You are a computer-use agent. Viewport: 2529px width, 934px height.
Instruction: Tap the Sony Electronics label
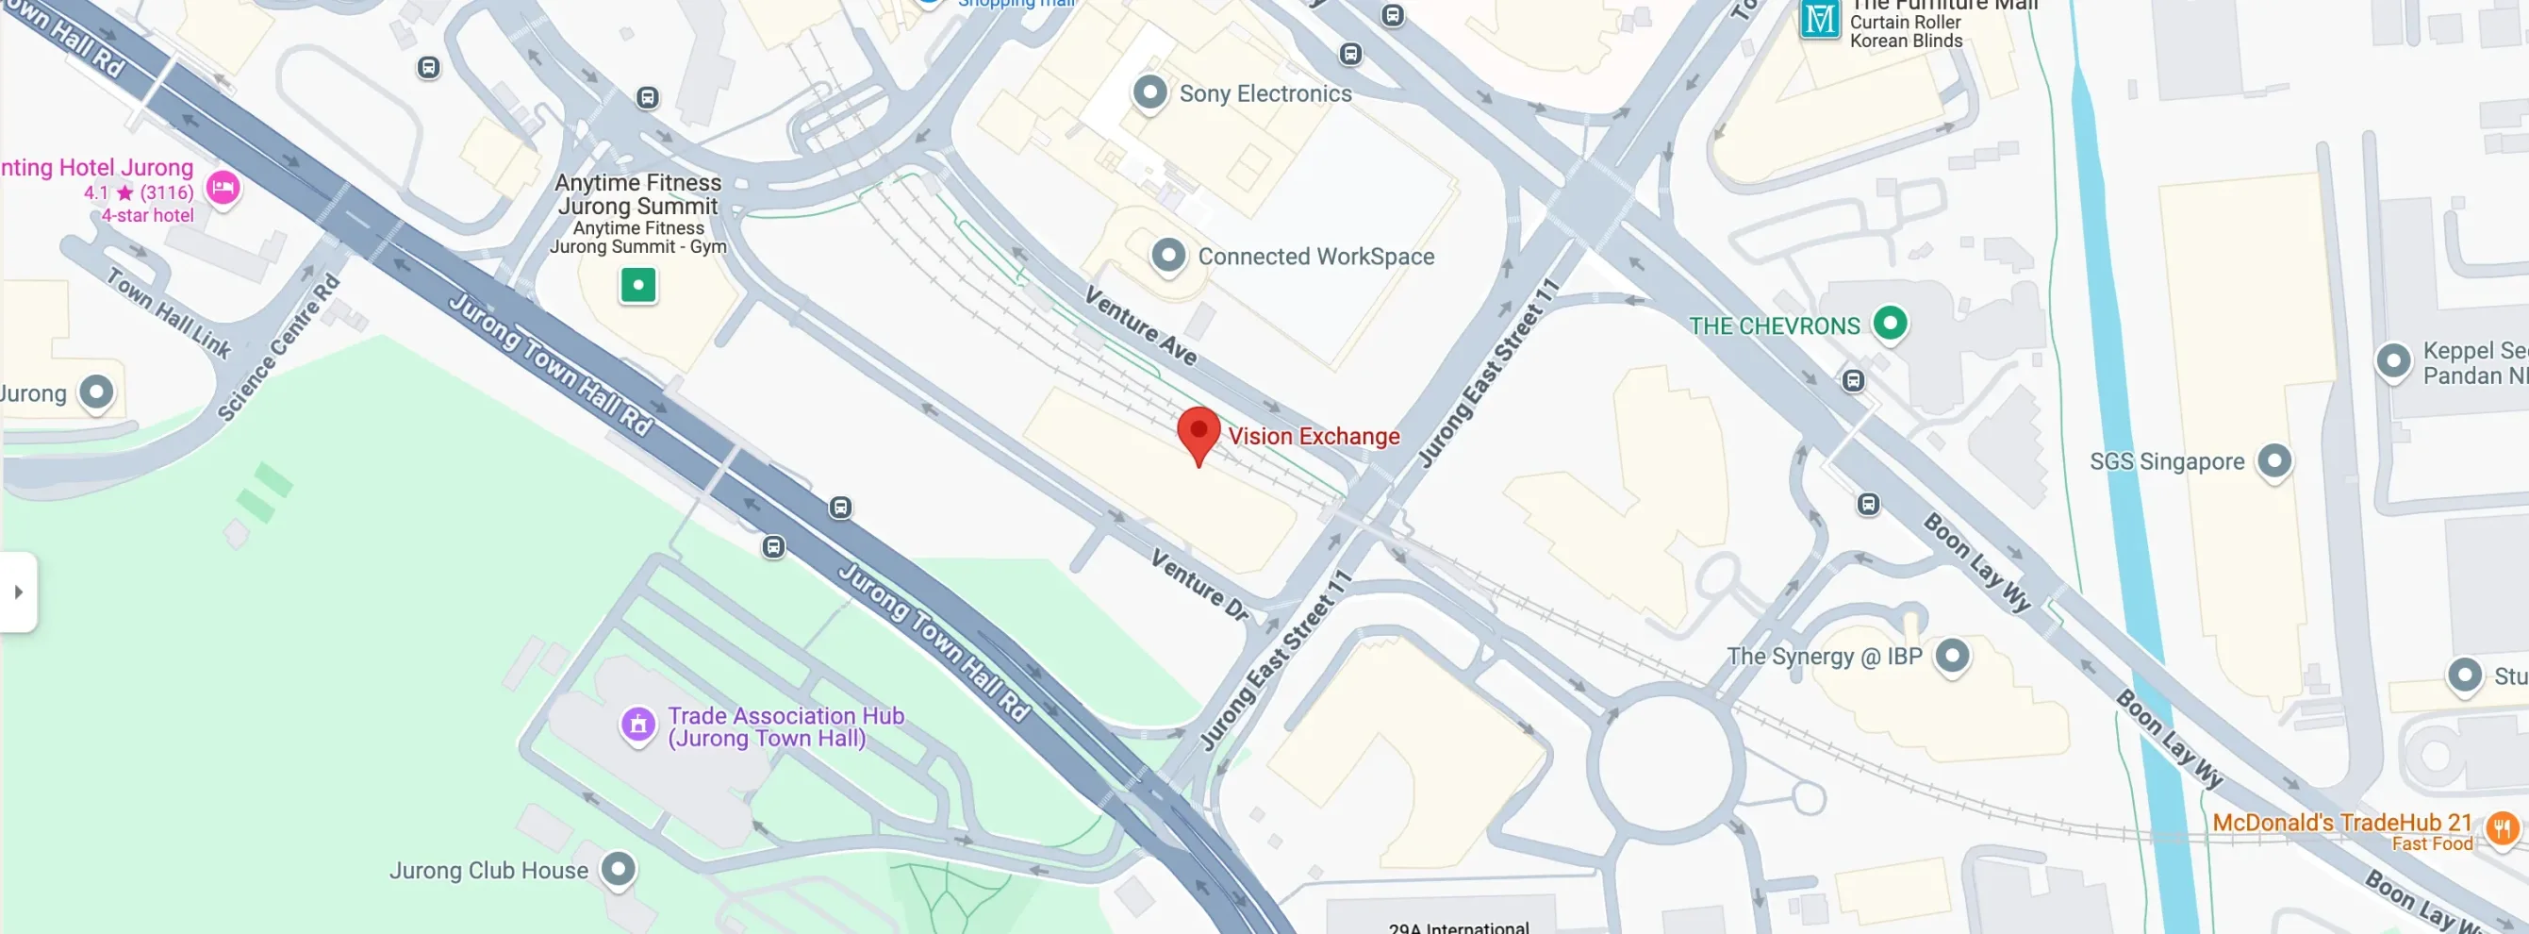1264,93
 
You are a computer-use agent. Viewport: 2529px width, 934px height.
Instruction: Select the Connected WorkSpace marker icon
1167,256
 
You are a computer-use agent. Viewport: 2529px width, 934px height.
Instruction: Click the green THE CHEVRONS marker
1889,323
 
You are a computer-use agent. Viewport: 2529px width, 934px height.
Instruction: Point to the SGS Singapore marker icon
2273,459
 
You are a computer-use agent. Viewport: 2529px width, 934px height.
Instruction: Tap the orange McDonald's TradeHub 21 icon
2501,828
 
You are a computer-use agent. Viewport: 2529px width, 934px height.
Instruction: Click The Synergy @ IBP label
1823,656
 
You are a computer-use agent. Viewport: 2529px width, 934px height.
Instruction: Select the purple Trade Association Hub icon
638,725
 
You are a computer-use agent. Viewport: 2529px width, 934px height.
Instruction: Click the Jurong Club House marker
618,868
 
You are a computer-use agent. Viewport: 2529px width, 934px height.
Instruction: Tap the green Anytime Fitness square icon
638,286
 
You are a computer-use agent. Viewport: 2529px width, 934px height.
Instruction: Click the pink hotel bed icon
223,187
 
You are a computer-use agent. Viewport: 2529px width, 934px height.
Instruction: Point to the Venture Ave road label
1140,325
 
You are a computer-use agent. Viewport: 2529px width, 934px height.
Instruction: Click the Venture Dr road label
1199,584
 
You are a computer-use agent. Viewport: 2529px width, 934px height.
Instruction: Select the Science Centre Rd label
279,349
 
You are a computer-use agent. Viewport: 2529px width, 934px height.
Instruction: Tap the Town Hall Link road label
169,313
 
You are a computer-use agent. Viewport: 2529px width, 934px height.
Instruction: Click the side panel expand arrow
18,592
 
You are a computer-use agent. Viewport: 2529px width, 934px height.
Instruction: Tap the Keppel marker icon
2392,361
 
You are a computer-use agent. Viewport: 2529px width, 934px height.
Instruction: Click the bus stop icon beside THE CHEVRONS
1853,380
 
